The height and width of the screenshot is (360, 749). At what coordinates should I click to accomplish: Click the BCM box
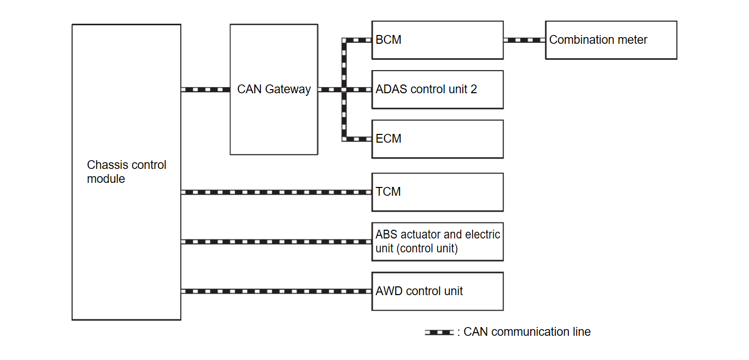[x=437, y=40]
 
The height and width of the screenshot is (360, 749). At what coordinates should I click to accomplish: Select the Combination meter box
[x=611, y=40]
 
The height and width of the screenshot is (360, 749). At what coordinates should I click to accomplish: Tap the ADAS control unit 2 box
[x=437, y=90]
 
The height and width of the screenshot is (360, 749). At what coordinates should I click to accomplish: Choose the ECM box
[x=437, y=139]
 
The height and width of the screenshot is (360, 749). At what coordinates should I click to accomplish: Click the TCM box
[x=437, y=192]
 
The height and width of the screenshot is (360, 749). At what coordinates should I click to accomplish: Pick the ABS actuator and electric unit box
[x=437, y=242]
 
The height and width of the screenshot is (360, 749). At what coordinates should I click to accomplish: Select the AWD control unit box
[x=437, y=292]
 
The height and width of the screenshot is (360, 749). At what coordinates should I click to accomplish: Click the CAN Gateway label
[x=274, y=90]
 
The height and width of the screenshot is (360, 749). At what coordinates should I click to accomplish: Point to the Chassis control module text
[x=127, y=172]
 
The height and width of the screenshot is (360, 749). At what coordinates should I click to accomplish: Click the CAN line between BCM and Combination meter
[x=524, y=40]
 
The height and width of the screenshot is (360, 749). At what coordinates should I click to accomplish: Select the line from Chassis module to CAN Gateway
[x=205, y=90]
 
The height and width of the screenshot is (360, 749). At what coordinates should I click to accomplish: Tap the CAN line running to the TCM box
[x=276, y=192]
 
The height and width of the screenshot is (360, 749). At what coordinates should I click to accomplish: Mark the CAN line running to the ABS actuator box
[x=276, y=242]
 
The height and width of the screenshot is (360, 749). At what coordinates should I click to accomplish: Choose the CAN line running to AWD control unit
[x=276, y=292]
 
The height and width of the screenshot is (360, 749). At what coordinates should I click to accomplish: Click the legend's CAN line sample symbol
[x=439, y=332]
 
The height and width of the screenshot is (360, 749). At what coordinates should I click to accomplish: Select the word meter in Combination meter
[x=632, y=40]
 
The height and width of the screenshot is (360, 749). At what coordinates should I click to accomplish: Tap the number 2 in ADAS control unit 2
[x=474, y=90]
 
